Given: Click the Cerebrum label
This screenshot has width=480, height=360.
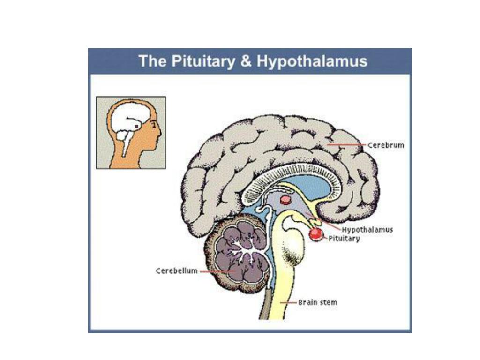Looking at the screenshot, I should [x=385, y=145].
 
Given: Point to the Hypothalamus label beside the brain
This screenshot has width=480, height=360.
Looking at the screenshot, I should [x=367, y=230].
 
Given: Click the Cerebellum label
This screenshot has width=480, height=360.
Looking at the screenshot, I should [x=177, y=271].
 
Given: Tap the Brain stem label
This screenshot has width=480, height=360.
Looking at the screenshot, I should [x=318, y=302].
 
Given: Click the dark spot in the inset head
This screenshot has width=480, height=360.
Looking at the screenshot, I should [x=136, y=126].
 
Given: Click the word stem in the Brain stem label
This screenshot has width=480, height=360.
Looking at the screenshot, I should [x=329, y=302].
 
